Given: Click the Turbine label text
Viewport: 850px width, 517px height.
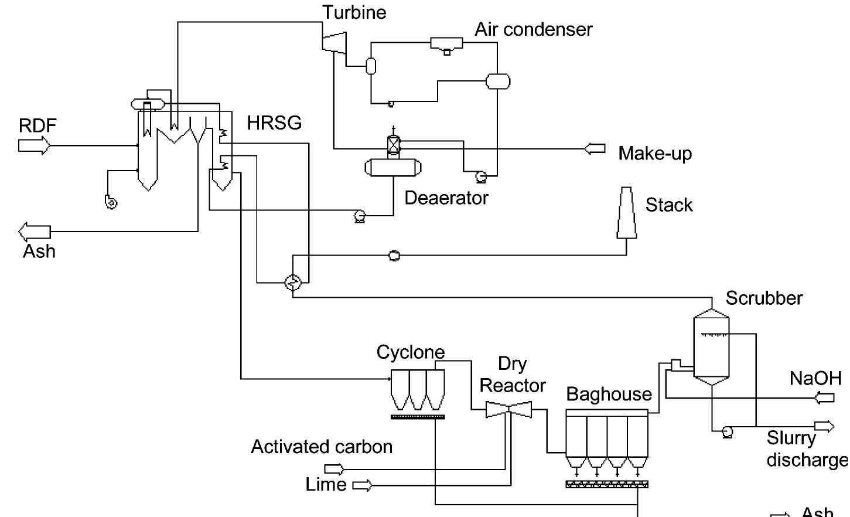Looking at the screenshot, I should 354,12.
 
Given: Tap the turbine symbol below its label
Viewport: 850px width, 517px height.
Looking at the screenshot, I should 334,41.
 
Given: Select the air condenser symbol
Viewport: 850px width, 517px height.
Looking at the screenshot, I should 446,44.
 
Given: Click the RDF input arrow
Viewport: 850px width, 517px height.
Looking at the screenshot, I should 34,145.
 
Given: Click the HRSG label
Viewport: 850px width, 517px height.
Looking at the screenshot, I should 274,123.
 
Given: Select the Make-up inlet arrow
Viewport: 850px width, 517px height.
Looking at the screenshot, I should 595,149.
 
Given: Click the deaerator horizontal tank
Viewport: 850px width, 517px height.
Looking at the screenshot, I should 392,168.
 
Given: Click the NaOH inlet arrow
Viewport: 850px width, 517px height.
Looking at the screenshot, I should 825,398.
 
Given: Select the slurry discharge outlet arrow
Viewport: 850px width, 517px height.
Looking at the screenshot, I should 824,426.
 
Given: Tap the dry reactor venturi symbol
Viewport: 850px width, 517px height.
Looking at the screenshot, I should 508,410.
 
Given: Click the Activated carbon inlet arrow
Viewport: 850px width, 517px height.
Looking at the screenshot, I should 334,469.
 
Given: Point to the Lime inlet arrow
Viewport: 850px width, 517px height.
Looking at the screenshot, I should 362,485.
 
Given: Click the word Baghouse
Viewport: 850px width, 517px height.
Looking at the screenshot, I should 609,394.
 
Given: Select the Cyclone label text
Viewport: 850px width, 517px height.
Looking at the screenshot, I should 410,352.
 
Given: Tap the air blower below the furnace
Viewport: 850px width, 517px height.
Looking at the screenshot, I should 111,203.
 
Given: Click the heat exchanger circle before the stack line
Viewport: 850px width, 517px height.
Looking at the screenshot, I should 293,283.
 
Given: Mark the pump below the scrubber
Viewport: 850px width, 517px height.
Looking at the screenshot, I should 727,432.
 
